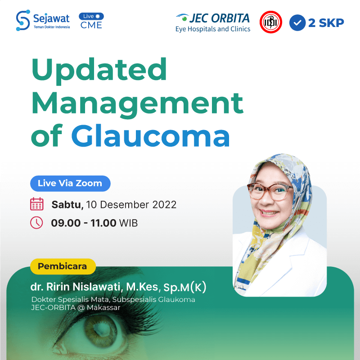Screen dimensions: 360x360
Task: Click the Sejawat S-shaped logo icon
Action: [23, 20]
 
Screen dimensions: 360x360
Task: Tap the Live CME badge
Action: [91, 21]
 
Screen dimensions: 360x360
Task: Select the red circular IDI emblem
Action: [271, 22]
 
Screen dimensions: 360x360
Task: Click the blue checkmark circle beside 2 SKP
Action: [297, 22]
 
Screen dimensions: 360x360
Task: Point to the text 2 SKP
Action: [326, 23]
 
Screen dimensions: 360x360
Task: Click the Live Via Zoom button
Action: [70, 184]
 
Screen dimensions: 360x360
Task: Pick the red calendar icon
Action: [37, 204]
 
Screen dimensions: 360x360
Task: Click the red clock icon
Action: [36, 222]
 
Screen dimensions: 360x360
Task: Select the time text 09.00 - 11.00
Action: [84, 223]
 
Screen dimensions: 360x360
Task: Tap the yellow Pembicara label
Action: [63, 266]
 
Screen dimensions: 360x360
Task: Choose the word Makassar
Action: [103, 308]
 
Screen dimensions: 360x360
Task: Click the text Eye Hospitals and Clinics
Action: [213, 29]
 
